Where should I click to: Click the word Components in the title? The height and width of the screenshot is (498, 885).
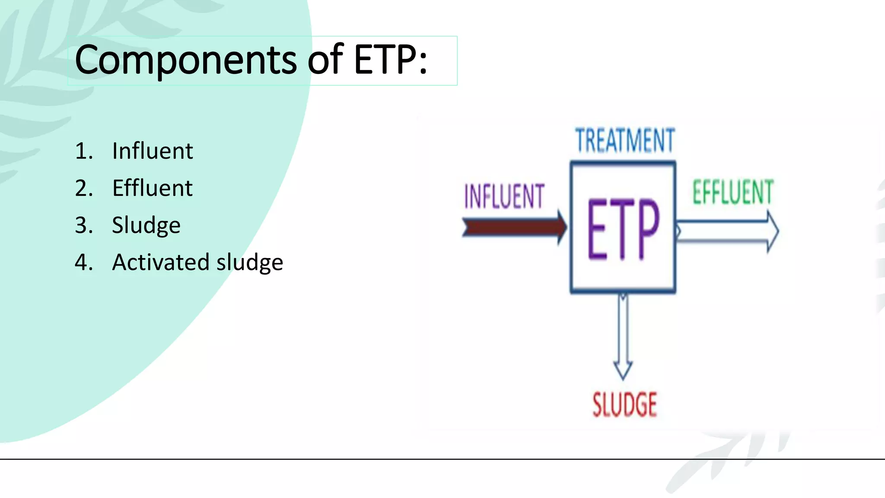point(186,61)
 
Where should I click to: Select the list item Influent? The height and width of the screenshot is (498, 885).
point(152,151)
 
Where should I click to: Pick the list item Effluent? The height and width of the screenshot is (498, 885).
point(152,188)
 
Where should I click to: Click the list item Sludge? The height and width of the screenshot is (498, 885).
point(146,226)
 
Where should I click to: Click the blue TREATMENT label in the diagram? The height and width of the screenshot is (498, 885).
point(625,140)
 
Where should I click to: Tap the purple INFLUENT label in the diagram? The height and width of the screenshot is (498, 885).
point(504,197)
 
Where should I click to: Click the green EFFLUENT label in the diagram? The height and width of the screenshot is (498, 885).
point(733,192)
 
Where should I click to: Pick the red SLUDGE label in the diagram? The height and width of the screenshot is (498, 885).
point(624,405)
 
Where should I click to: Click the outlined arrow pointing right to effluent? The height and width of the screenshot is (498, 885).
point(726,231)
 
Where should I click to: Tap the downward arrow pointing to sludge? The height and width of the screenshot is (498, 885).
point(623,333)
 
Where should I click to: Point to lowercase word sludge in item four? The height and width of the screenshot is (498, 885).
point(249,262)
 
